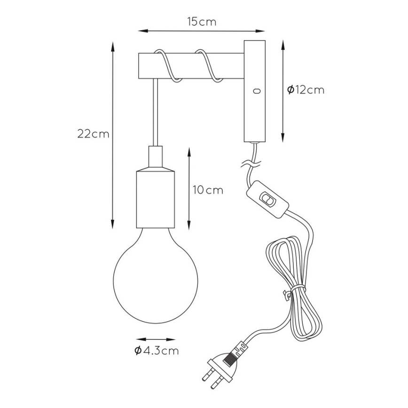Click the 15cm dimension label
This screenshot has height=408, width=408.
(202, 22)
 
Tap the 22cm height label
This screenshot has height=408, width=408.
(93, 134)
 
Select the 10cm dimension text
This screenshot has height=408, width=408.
(208, 190)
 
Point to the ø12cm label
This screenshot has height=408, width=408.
(306, 90)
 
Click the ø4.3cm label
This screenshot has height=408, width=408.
(157, 351)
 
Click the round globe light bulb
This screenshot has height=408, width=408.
(155, 276)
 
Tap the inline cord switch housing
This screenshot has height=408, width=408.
(267, 200)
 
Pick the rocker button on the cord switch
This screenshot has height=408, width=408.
(267, 200)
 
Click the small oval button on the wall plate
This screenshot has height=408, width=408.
(257, 91)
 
